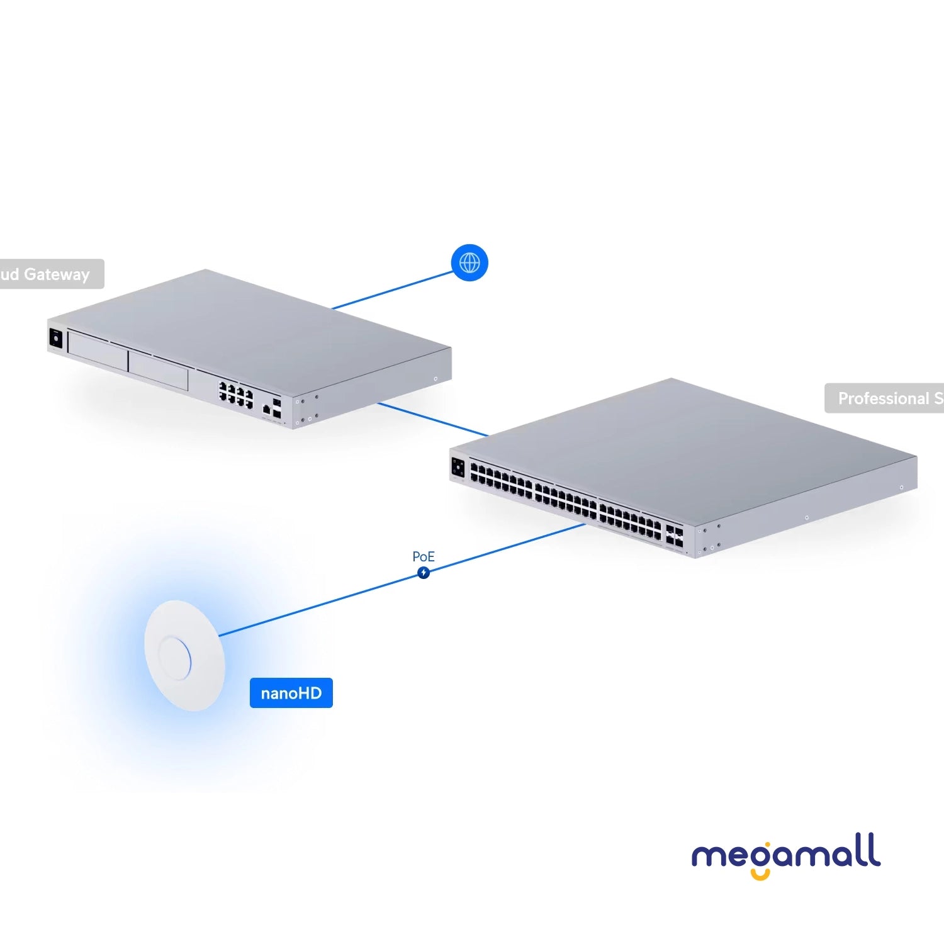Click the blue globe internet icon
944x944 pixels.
pos(469,262)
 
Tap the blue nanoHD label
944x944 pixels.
pos(291,693)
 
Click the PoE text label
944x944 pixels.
pos(424,556)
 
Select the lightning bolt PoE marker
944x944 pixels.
pos(424,573)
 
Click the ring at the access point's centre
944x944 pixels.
pos(174,658)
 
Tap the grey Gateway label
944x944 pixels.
pos(50,274)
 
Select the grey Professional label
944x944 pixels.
pos(884,398)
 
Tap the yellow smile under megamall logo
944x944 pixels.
pos(760,874)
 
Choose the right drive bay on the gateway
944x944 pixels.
pos(158,372)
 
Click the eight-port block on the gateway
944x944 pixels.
pos(236,394)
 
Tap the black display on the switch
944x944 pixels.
pos(458,468)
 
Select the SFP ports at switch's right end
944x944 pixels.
pos(674,536)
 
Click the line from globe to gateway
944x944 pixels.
pos(393,291)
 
